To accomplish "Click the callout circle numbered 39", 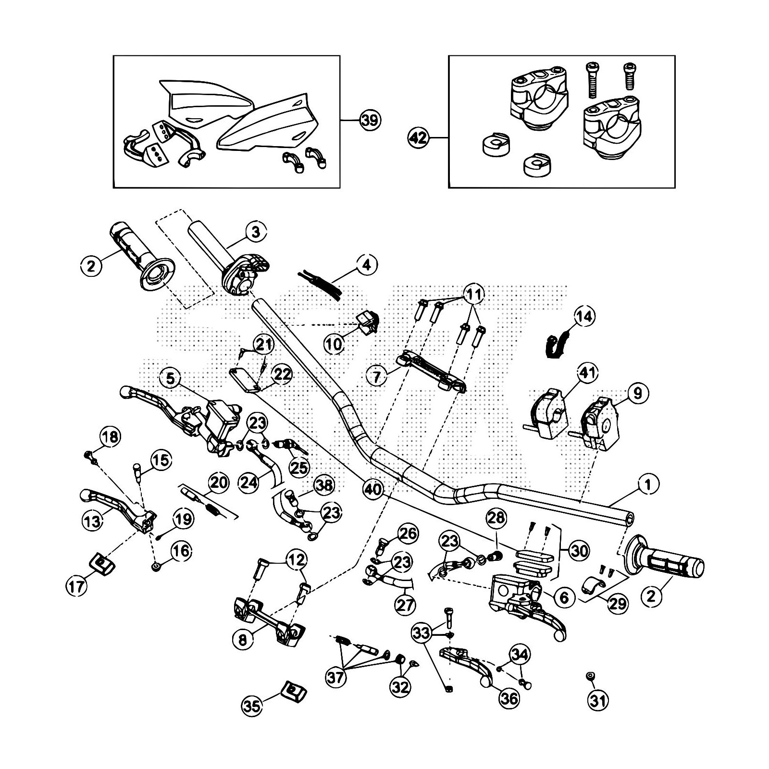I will pyautogui.click(x=370, y=120).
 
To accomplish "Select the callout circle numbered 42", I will pyautogui.click(x=418, y=138).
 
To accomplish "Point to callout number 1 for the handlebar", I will pyautogui.click(x=648, y=485).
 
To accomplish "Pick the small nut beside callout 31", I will pyautogui.click(x=590, y=676).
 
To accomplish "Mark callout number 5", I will pyautogui.click(x=171, y=378).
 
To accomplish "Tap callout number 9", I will pyautogui.click(x=637, y=393).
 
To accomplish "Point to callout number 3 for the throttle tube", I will pyautogui.click(x=255, y=232).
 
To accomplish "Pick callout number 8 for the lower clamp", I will pyautogui.click(x=243, y=640).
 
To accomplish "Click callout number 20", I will pyautogui.click(x=219, y=482).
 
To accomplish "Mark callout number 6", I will pyautogui.click(x=564, y=597).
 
